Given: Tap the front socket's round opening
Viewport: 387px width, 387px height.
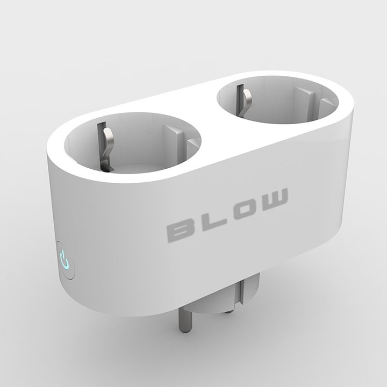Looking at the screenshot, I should tap(132, 142).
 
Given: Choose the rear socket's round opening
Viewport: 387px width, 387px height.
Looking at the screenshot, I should tap(277, 99).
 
